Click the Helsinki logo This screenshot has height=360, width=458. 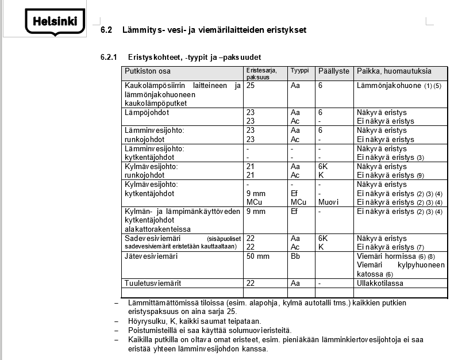tap(55, 22)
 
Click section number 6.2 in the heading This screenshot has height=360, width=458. tap(106, 30)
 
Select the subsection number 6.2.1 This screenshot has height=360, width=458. tap(109, 58)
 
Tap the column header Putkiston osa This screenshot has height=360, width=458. tap(148, 72)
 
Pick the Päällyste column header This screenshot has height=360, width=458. tap(333, 72)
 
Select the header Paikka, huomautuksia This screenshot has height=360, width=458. tap(394, 72)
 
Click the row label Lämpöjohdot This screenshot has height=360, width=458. tap(147, 113)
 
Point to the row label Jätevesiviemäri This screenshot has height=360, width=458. tap(151, 256)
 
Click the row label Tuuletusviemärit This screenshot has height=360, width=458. tap(152, 284)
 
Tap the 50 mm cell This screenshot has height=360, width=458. tap(258, 256)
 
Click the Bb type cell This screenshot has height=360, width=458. tap(295, 256)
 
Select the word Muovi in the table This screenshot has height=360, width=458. tap(328, 202)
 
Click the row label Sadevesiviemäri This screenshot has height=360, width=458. tap(152, 238)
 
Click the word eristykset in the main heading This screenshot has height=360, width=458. tap(280, 30)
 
